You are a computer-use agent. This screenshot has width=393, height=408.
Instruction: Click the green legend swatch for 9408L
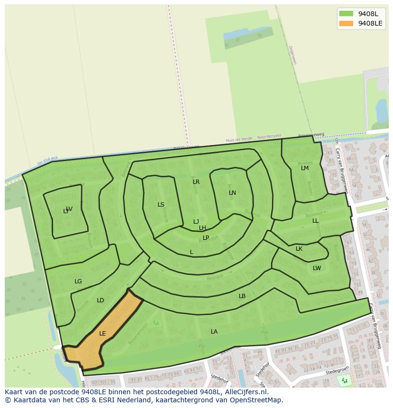(x=346, y=14)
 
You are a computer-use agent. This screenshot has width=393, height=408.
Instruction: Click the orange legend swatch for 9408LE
(x=346, y=23)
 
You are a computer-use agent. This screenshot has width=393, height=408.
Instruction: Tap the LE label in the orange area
(x=103, y=334)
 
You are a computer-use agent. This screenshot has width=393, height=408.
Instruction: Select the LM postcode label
(x=305, y=168)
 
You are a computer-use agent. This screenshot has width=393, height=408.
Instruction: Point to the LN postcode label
(x=232, y=193)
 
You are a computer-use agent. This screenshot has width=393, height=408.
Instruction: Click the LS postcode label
(x=161, y=205)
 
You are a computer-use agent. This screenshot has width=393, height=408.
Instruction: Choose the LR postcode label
(x=196, y=182)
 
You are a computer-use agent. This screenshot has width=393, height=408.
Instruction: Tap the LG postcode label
(x=78, y=281)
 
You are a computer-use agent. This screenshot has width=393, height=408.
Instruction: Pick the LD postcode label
(x=100, y=300)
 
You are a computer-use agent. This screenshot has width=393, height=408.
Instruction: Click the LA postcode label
(x=214, y=332)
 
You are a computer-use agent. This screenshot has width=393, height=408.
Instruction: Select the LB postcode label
(x=242, y=296)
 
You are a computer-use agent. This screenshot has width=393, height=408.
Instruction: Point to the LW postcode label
(x=317, y=268)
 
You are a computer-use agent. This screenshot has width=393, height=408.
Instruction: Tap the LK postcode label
(x=299, y=249)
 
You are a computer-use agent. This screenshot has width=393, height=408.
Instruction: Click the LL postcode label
(x=315, y=221)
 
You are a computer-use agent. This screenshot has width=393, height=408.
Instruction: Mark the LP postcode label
(x=206, y=238)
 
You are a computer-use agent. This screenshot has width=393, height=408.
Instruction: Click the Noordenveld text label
(x=269, y=137)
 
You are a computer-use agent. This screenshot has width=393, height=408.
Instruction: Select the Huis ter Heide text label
(x=239, y=139)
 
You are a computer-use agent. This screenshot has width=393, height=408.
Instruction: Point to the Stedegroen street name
(x=337, y=373)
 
